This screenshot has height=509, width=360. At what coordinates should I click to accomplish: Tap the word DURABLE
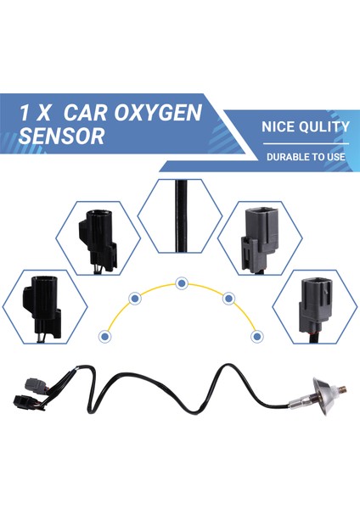[x=290, y=157]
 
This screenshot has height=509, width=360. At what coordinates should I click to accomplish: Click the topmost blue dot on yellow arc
[x=180, y=282]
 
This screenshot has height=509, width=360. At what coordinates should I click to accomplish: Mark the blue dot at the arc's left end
[x=104, y=336]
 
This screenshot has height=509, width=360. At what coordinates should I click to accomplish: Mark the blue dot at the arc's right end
[x=256, y=336]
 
